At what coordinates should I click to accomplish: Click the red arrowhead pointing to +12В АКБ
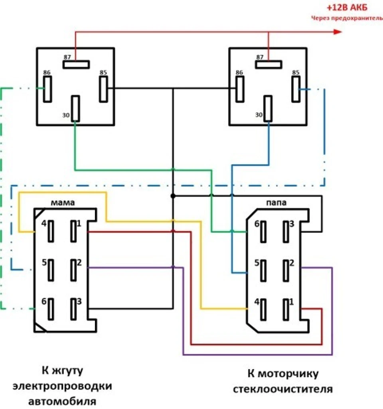337,32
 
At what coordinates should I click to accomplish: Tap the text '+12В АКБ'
347,7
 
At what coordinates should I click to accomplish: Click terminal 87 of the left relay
76,65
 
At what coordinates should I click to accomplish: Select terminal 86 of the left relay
47,89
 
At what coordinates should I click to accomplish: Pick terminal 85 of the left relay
104,89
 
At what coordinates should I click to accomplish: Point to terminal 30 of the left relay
75,108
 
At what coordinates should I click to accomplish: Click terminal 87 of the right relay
268,65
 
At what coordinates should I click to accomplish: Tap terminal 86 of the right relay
240,89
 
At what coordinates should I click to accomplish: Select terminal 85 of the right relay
296,89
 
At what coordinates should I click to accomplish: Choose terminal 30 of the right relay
268,108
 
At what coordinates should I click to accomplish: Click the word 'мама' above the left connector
63,203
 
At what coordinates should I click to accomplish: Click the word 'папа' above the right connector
276,203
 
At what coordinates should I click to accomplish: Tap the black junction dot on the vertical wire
173,196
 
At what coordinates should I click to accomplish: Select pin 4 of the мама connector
51,231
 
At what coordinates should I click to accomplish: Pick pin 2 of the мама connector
74,270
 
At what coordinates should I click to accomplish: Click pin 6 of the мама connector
51,309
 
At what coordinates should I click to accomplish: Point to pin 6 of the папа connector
263,232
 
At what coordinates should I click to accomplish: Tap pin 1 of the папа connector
286,310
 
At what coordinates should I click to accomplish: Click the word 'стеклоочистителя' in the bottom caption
283,389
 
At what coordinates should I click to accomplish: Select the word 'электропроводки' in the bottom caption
62,386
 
